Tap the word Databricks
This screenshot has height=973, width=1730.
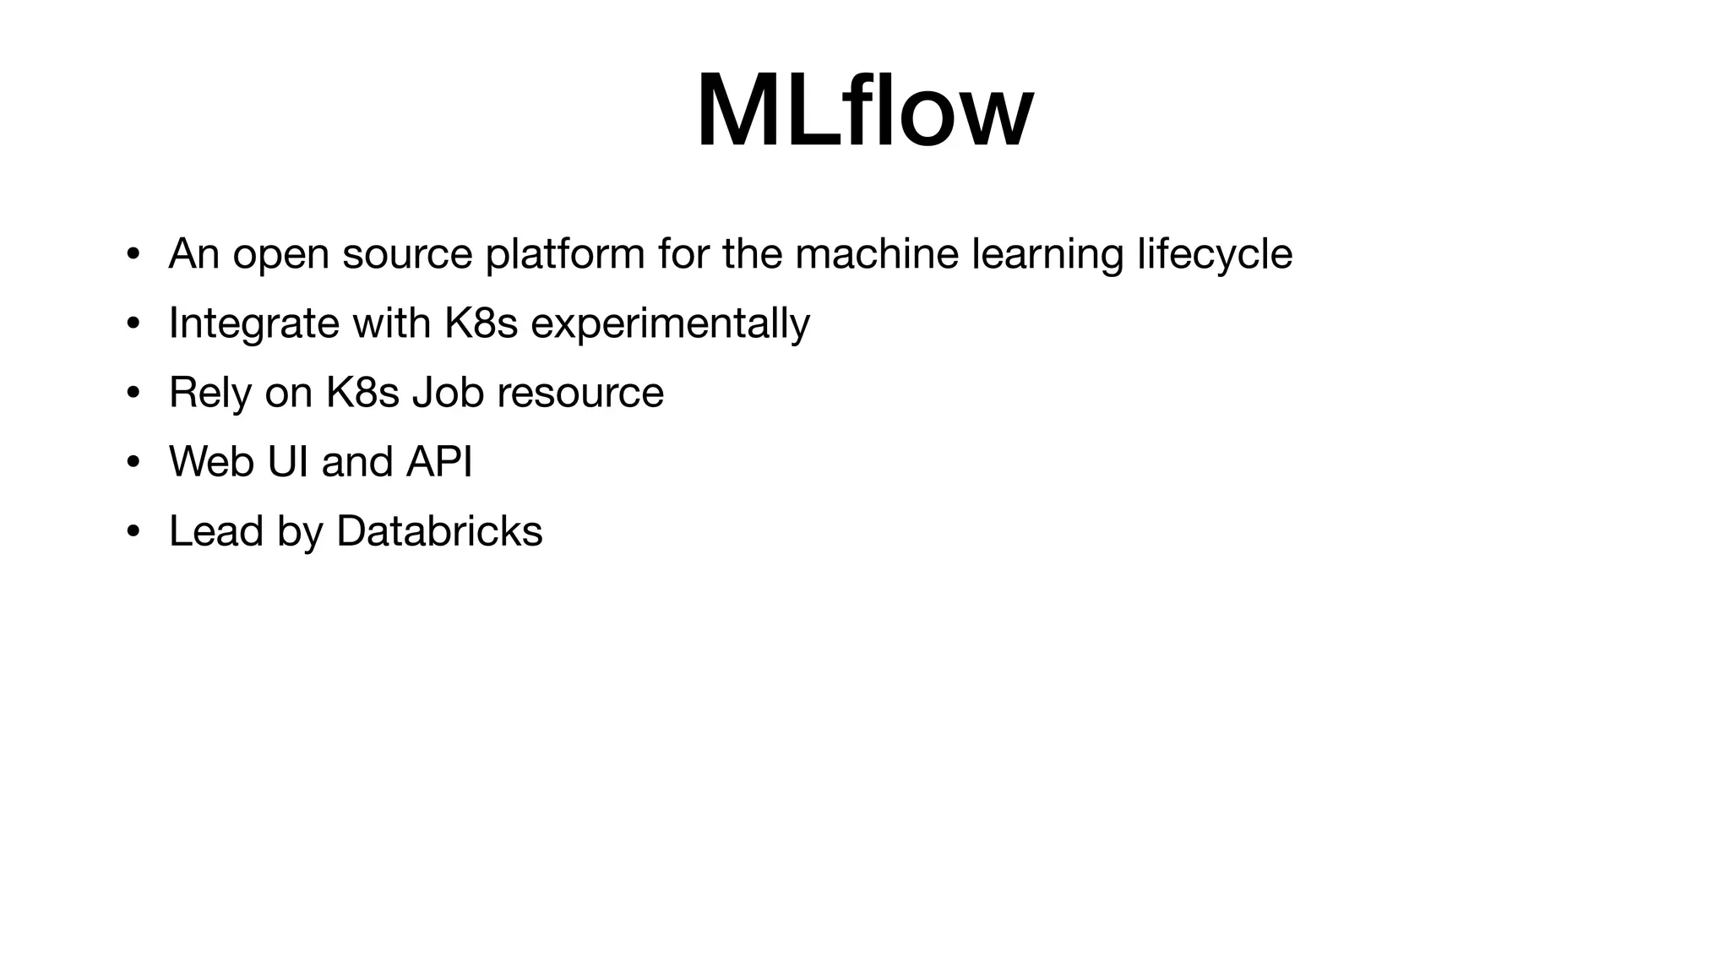click(439, 531)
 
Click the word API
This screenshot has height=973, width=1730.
click(438, 462)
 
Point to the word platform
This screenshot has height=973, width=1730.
click(565, 254)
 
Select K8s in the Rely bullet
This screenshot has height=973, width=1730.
click(362, 393)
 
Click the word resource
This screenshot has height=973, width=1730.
click(580, 393)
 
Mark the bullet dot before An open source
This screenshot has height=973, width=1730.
click(133, 254)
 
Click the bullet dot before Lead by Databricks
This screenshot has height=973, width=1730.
click(133, 531)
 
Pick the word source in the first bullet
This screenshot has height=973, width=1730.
click(407, 254)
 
